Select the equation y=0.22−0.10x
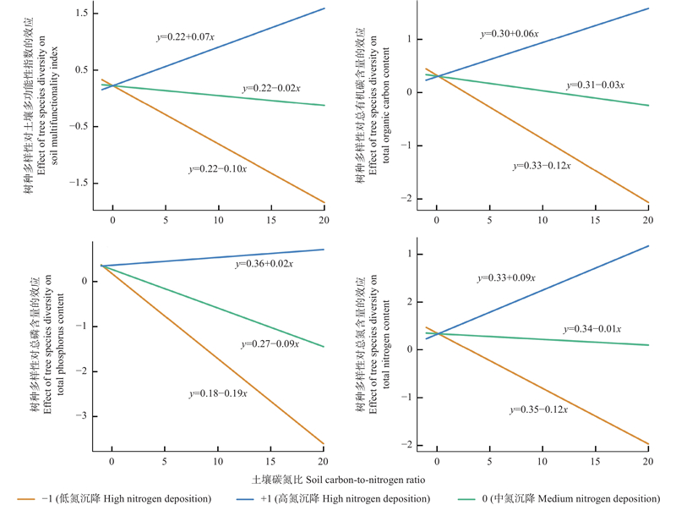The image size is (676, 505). point(217,169)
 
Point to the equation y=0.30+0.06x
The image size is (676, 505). point(510,34)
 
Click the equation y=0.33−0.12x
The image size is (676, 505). point(542,166)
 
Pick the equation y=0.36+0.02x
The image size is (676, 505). point(264,265)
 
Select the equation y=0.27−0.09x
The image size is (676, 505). point(270,344)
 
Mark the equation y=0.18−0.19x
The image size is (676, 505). point(217,393)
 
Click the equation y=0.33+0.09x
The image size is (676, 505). point(506,277)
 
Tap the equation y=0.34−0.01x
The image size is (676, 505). point(592,329)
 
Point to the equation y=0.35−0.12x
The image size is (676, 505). point(538,409)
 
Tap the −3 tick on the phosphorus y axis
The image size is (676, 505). point(83,416)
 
